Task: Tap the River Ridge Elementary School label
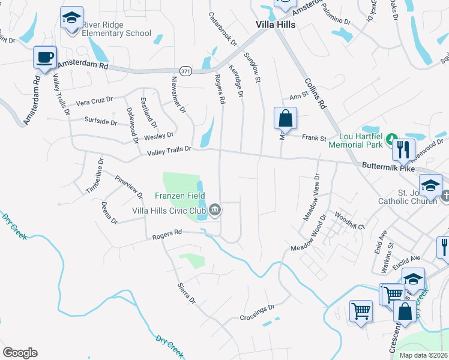click(116, 29)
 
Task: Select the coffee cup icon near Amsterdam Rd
click(44, 58)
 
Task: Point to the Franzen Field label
click(180, 196)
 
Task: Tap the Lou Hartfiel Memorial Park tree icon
click(391, 140)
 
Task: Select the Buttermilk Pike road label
click(388, 166)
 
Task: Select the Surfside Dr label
click(101, 121)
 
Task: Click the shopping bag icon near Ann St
click(286, 118)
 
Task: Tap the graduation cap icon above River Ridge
click(71, 19)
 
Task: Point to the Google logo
click(20, 352)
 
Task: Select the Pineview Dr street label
click(130, 187)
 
